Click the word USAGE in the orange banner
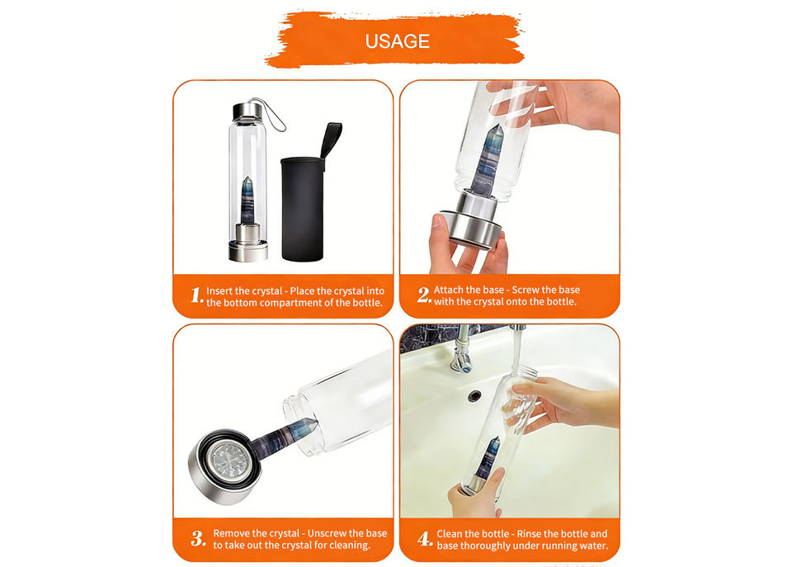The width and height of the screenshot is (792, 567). tap(398, 41)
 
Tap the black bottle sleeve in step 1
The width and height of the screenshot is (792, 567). tap(302, 209)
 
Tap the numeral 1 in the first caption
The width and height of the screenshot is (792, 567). tap(197, 295)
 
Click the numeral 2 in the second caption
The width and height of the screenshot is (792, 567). tap(424, 295)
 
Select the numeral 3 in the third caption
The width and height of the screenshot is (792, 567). tap(198, 539)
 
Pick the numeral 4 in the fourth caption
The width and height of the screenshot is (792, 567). tap(425, 539)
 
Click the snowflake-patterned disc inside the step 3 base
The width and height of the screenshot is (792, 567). tap(231, 461)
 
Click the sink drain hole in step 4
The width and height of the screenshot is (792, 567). tap(474, 395)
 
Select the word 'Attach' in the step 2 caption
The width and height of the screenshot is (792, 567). tap(448, 290)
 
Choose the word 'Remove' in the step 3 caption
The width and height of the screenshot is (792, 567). tap(231, 534)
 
